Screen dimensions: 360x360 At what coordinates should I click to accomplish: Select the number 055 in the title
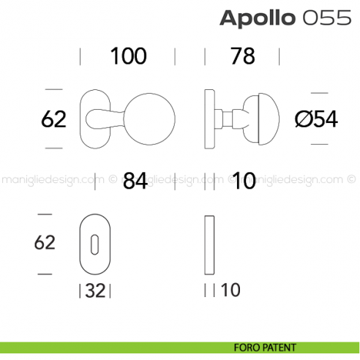[x=320, y=18]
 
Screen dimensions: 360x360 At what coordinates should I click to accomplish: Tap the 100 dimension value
[x=128, y=56]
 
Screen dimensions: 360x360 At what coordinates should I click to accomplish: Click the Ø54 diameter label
[x=316, y=119]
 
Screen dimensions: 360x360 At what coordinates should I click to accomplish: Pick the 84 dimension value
[x=132, y=181]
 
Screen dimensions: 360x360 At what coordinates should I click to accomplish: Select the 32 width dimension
[x=95, y=290]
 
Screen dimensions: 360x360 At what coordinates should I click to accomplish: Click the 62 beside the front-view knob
[x=53, y=119]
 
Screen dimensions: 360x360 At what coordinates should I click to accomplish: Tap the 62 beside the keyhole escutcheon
[x=45, y=243]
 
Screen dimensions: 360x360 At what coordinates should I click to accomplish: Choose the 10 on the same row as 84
[x=242, y=181]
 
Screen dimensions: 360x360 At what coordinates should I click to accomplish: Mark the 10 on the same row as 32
[x=230, y=290]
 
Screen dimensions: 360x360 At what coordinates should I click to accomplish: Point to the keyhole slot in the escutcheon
[x=94, y=245]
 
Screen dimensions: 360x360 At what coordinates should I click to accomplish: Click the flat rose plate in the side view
[x=210, y=118]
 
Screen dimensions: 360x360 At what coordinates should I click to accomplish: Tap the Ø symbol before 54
[x=302, y=119]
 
